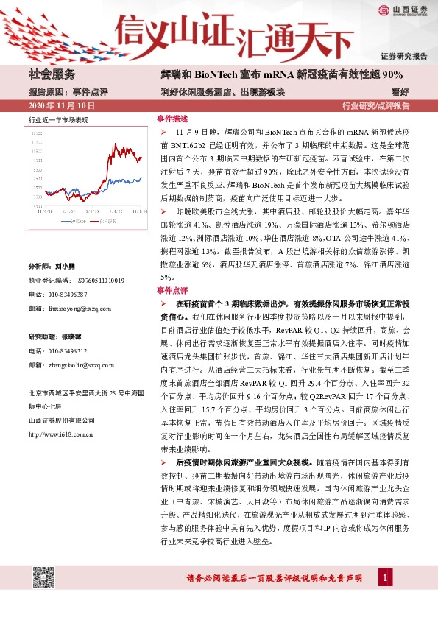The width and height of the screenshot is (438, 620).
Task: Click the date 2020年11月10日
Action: click(55, 105)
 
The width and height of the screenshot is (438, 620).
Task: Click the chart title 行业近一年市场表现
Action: click(58, 119)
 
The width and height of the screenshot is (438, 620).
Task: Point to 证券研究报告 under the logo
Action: click(404, 56)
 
